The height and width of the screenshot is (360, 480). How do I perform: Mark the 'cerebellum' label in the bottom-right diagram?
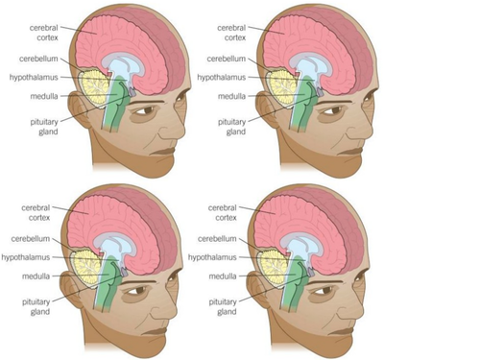click(x=217, y=238)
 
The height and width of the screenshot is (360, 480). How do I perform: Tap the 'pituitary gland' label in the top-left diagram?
click(x=43, y=127)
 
